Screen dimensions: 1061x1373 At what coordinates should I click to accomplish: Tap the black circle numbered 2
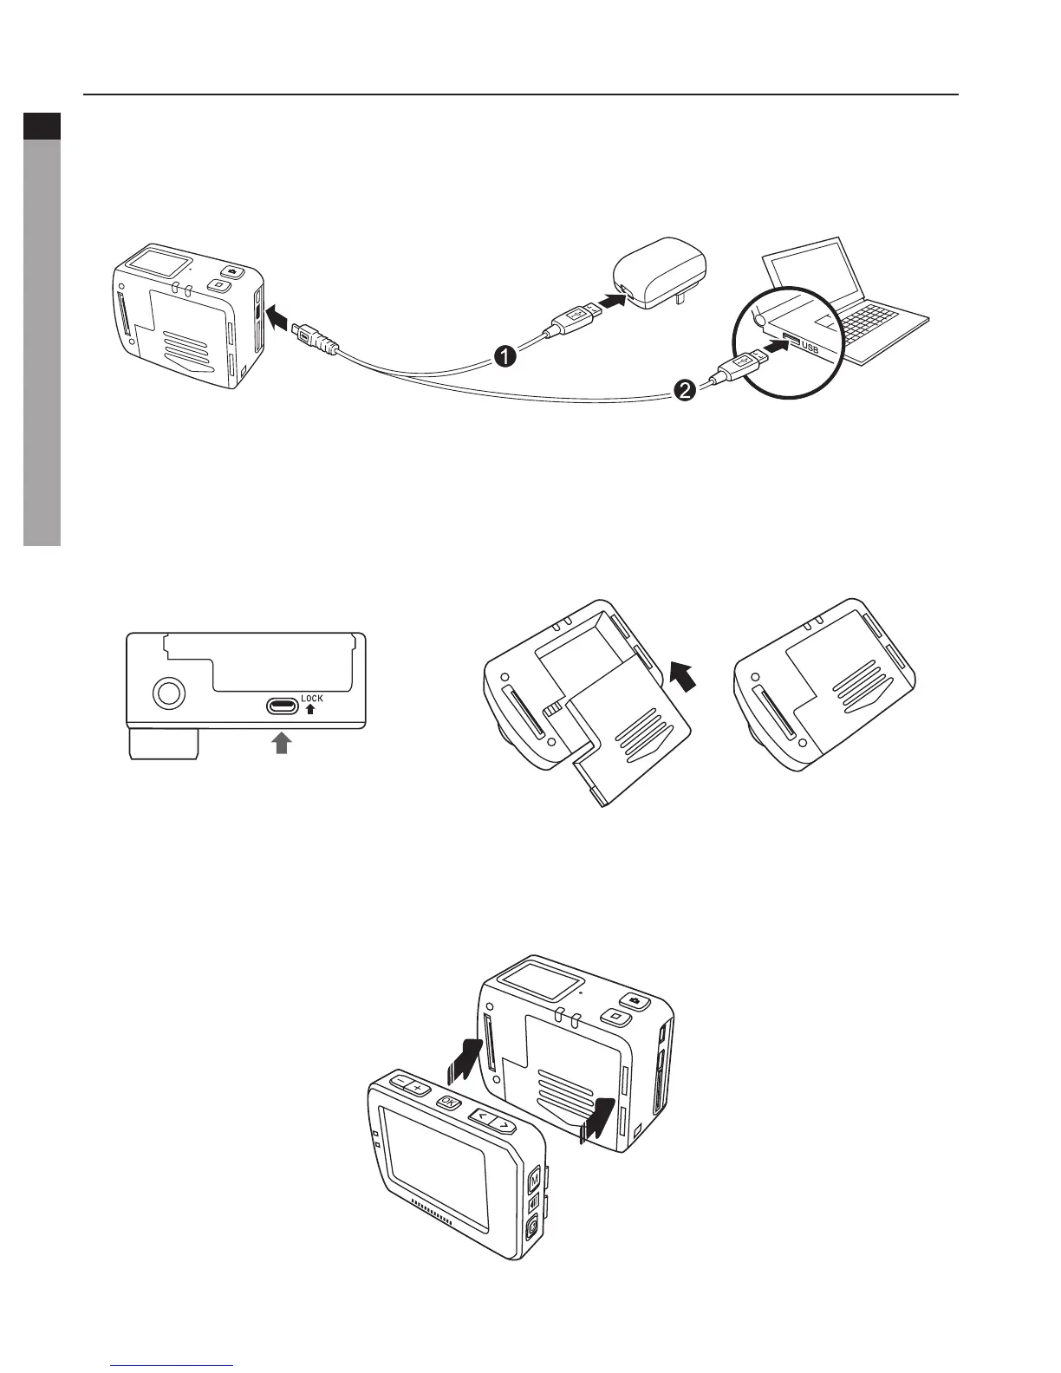[x=684, y=392]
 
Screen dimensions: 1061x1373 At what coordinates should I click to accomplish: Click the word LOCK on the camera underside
[x=311, y=698]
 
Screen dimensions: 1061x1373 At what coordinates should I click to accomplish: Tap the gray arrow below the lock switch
[x=281, y=743]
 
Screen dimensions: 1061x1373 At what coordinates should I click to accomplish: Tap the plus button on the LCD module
[x=417, y=1087]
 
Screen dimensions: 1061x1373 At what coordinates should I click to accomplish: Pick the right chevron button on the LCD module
[x=502, y=1125]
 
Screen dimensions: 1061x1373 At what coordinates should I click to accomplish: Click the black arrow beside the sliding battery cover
[x=682, y=675]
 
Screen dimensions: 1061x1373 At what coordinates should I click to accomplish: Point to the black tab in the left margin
[x=42, y=127]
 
